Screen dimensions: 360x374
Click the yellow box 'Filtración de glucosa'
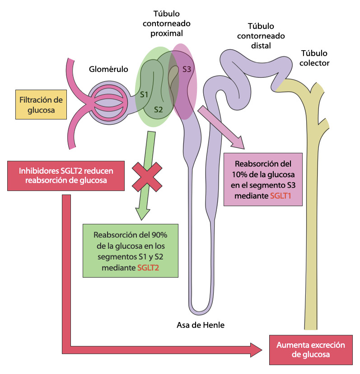(x=41, y=104)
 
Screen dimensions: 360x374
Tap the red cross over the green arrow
(x=147, y=177)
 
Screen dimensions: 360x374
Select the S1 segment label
(x=144, y=95)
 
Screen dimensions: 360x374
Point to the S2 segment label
(x=158, y=110)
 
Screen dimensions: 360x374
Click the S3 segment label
(x=187, y=69)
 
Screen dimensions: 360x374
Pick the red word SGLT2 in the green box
(x=148, y=268)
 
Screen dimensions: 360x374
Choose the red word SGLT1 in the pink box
(x=281, y=196)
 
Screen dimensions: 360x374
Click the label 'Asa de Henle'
(x=201, y=325)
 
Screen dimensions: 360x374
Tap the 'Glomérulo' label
(x=108, y=69)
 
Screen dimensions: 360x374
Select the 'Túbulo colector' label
(x=314, y=58)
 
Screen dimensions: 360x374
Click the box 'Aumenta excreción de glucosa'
(x=311, y=350)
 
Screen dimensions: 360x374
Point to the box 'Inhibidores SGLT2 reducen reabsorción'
(x=66, y=176)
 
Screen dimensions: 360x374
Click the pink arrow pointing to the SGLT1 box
(x=221, y=128)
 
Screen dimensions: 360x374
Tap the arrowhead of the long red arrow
(x=256, y=350)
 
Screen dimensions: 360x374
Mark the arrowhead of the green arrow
(x=142, y=214)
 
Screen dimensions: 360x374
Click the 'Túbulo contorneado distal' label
(x=261, y=36)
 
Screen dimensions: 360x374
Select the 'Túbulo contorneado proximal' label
(x=167, y=24)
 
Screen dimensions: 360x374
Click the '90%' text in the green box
(x=159, y=235)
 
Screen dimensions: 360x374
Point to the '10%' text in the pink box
(x=240, y=175)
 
